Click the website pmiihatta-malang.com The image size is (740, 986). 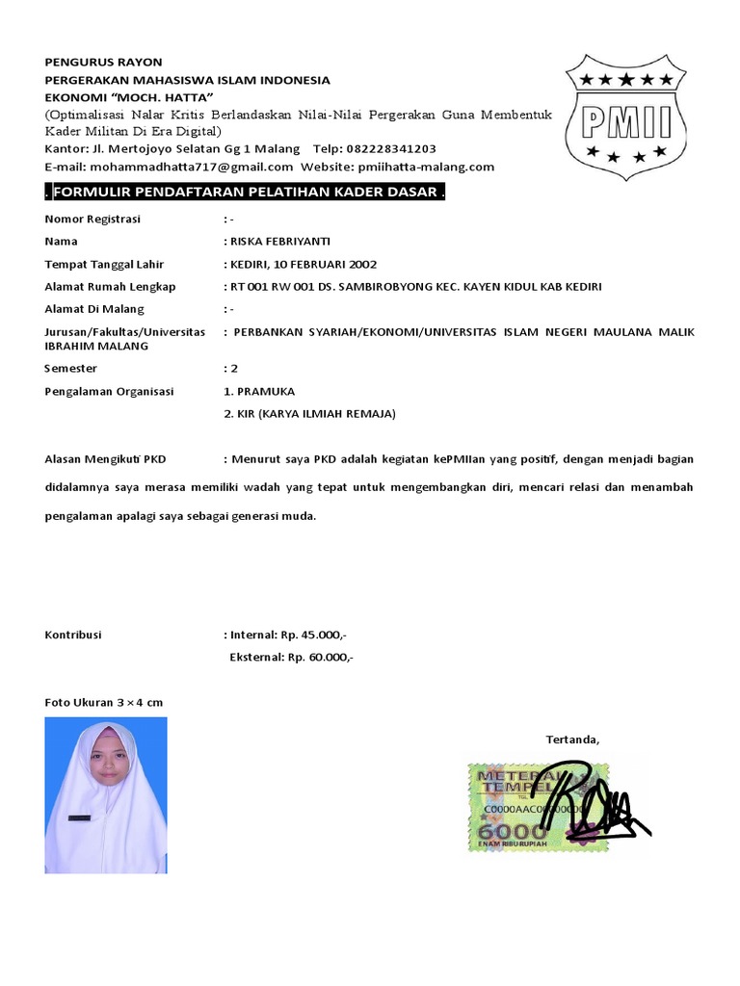[x=425, y=167]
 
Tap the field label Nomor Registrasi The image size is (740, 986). [x=92, y=219]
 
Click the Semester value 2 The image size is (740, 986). [x=232, y=368]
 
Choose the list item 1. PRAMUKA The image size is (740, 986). [x=259, y=391]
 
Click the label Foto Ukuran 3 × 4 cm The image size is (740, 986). [x=104, y=703]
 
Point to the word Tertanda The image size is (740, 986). [x=572, y=739]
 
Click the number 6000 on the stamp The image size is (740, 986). [x=501, y=831]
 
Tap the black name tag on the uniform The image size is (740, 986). [x=78, y=817]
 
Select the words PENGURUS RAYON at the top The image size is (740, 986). [x=104, y=62]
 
